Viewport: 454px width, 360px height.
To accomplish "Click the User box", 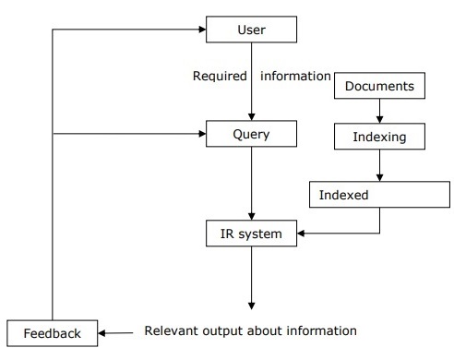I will point(252,30).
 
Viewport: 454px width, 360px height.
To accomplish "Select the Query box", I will point(252,135).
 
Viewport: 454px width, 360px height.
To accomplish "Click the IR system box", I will point(251,234).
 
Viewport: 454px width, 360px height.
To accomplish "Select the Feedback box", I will point(51,331).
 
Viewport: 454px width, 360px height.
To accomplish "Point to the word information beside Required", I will point(295,76).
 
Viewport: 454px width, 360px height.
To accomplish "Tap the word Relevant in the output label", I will point(172,330).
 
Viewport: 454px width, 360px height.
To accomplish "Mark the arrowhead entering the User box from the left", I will point(200,30).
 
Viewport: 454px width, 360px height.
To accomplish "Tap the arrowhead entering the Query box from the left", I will point(200,135).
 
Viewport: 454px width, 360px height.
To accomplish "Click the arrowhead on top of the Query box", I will point(251,116).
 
